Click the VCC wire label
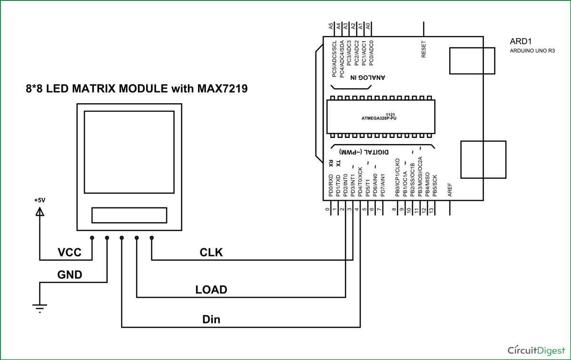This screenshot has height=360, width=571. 69,252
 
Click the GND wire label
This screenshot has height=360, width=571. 69,274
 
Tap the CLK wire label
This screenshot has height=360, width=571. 211,252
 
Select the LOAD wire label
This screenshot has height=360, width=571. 211,290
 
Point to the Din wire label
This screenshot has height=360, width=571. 211,319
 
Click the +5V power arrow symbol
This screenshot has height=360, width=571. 40,213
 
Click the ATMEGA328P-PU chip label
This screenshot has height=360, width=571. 379,118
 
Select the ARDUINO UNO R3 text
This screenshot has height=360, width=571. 532,50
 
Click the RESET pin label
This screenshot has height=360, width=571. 424,49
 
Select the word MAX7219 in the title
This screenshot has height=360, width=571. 223,88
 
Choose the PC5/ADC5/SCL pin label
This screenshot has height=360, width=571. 335,59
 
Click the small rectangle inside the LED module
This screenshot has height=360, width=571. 129,215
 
